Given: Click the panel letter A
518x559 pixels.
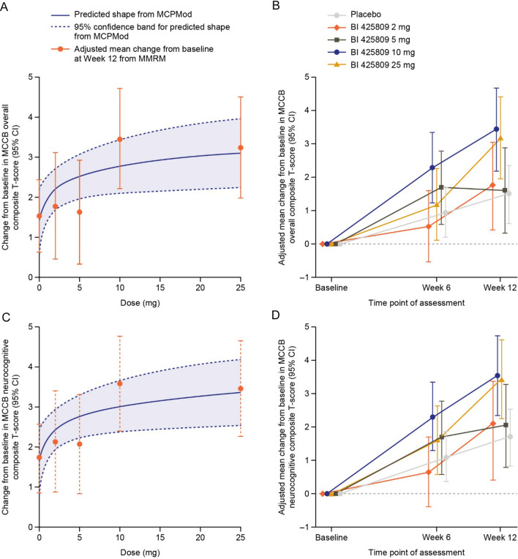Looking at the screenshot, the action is pos(4,6).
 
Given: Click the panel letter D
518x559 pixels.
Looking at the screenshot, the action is pos(276,315).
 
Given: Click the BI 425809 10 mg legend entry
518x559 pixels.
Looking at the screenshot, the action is pos(371,53).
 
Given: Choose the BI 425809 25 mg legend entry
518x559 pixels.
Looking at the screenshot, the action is pos(371,65).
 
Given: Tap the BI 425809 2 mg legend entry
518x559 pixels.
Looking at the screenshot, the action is pos(369,27).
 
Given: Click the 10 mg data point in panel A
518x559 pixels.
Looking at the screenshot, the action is pos(120,139).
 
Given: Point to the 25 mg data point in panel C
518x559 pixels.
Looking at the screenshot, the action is pos(241,389).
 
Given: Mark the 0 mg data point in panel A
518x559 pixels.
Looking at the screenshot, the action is pos(40,216).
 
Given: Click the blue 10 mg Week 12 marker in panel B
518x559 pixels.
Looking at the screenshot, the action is pos(496,129).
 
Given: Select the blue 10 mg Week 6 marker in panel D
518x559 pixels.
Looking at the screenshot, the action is pos(433,417).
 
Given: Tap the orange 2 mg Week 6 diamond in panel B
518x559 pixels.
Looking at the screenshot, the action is pos(429,226).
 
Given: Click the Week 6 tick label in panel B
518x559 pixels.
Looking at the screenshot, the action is pos(436,288).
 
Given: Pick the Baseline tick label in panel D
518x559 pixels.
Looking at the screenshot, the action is pos(331,537).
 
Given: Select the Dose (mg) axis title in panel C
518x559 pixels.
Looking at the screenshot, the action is pos(140,552).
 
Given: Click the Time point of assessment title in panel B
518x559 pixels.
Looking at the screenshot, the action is pos(416,303).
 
